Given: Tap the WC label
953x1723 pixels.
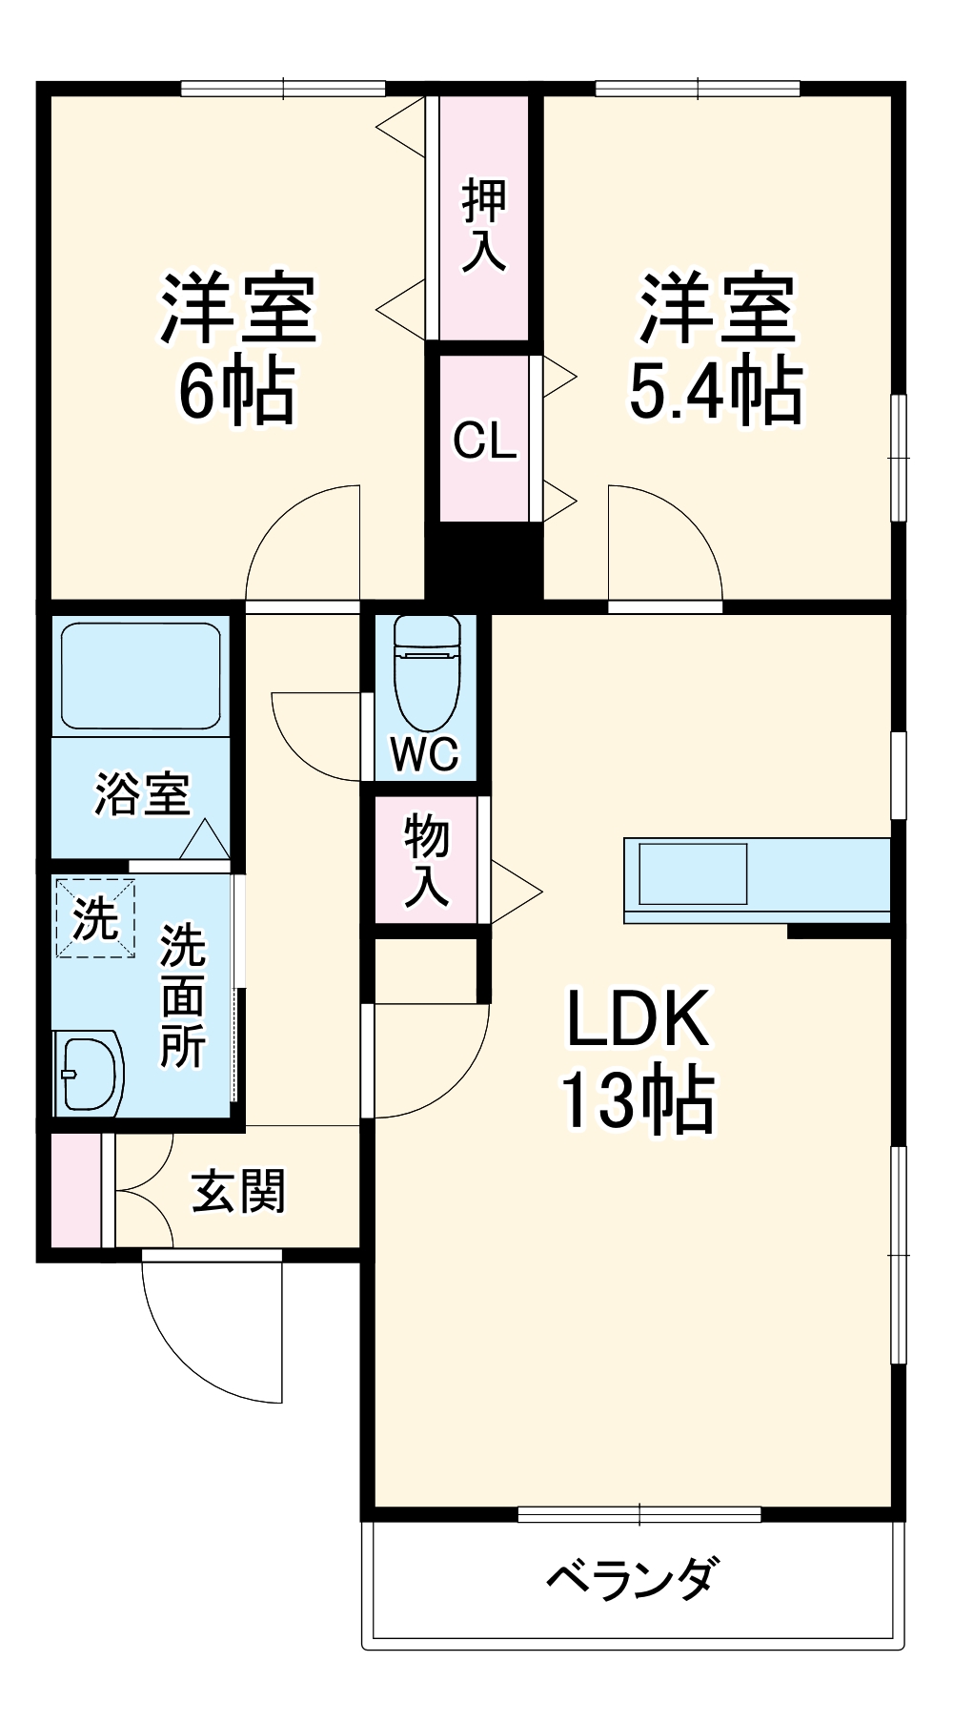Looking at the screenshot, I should click(x=426, y=754).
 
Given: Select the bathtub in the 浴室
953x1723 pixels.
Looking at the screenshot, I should click(x=141, y=676).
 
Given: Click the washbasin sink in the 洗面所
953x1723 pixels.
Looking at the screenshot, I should click(x=89, y=1072).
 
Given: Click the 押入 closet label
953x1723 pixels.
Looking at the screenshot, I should click(x=484, y=225).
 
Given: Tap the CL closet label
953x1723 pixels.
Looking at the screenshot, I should click(x=484, y=441).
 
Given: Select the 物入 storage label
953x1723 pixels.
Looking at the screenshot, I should click(x=426, y=862).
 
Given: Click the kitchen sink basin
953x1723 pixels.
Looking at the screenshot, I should click(x=693, y=873).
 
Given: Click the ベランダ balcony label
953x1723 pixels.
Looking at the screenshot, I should click(x=631, y=1578).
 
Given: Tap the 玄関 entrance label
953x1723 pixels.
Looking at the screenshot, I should click(x=238, y=1192).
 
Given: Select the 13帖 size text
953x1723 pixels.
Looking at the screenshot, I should click(x=637, y=1101).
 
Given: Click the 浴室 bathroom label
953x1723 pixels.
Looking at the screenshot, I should click(x=142, y=793).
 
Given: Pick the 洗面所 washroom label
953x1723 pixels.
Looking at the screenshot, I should click(x=182, y=996).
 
